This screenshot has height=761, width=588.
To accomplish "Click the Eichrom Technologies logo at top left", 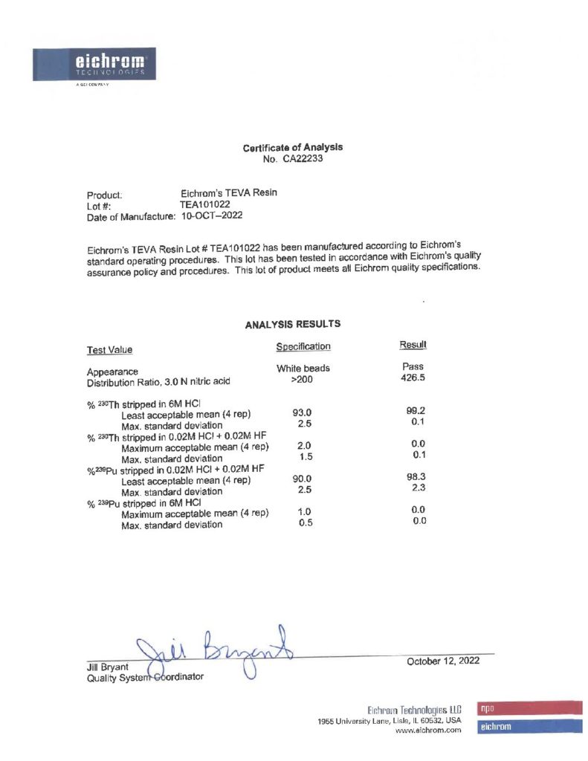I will point(94,65).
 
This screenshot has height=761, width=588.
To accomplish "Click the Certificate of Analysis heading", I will point(292,148).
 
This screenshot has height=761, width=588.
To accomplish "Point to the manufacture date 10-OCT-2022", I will point(212,216).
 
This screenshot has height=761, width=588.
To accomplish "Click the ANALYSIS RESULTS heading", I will point(292,324).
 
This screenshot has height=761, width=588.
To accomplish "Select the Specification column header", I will point(303,346).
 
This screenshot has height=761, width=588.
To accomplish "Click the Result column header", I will point(413,345).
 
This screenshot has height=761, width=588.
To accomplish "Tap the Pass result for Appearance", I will point(413,366).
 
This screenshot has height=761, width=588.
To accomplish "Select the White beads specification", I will point(303,368).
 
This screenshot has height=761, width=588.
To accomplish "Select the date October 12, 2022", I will point(442,661).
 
